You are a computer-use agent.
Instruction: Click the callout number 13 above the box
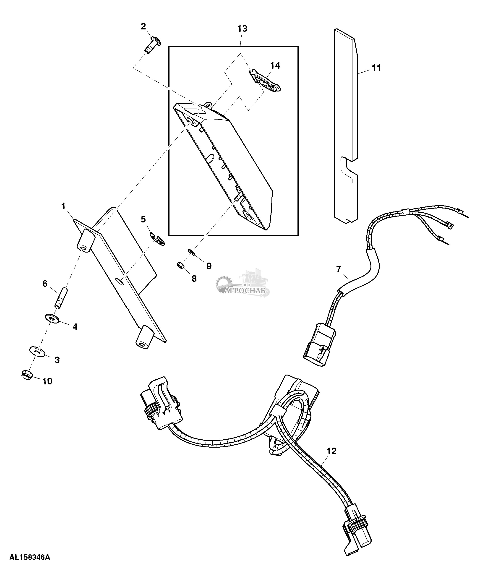[x=242, y=29]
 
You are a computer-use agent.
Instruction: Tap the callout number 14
[x=275, y=65]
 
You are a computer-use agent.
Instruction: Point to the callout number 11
[x=376, y=68]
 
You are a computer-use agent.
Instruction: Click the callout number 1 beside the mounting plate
[x=63, y=206]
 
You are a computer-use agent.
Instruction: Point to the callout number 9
[x=209, y=266]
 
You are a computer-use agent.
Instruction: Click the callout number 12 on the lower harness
[x=331, y=451]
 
